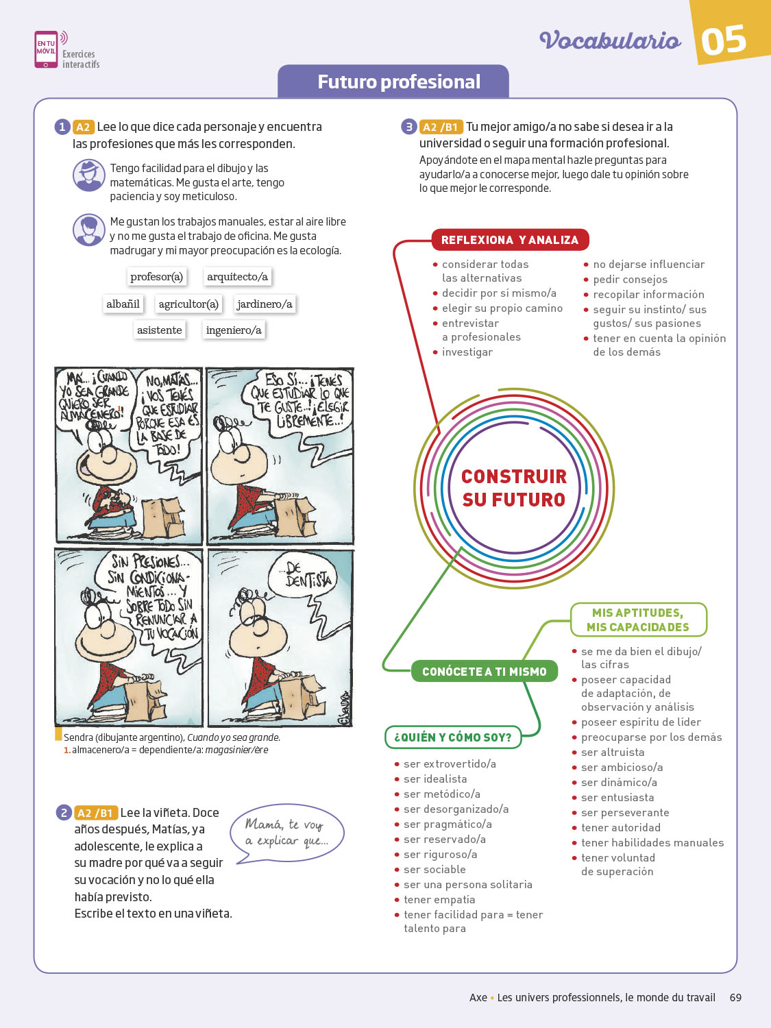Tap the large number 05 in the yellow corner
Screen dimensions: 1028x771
pyautogui.click(x=724, y=40)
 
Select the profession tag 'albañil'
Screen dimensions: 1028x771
pyautogui.click(x=123, y=304)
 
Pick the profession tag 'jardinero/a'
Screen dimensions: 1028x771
pyautogui.click(x=264, y=304)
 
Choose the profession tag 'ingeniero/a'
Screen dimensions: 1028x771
pyautogui.click(x=234, y=330)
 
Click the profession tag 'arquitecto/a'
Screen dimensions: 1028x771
pyautogui.click(x=237, y=276)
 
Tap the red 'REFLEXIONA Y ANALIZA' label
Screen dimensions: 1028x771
pyautogui.click(x=510, y=240)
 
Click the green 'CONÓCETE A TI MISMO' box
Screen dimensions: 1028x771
pyautogui.click(x=484, y=672)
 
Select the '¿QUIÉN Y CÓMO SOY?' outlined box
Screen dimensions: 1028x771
pyautogui.click(x=452, y=737)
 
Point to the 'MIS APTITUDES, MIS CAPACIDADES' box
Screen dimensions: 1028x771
pyautogui.click(x=637, y=620)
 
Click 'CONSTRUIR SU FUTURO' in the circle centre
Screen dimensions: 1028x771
pyautogui.click(x=514, y=488)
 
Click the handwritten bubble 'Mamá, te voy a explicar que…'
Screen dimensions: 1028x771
pyautogui.click(x=286, y=833)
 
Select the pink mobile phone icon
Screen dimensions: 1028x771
pyautogui.click(x=46, y=49)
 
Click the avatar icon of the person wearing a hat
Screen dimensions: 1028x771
pyautogui.click(x=88, y=175)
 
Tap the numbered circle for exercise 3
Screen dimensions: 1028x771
pyautogui.click(x=408, y=127)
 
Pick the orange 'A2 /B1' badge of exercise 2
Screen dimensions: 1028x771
pyautogui.click(x=95, y=813)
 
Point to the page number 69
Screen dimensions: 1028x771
pyautogui.click(x=735, y=998)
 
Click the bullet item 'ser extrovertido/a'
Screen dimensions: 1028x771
pyautogui.click(x=450, y=763)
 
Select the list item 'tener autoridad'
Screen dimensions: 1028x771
pyautogui.click(x=621, y=827)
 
